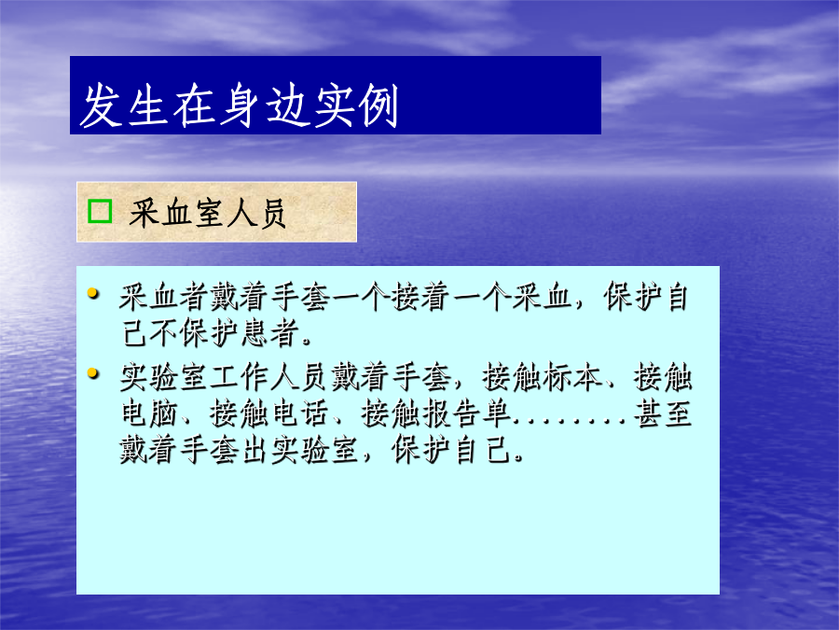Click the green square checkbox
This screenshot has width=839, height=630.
tap(100, 211)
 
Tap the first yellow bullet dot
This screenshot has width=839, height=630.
tap(93, 293)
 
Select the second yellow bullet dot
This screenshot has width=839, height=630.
tap(93, 372)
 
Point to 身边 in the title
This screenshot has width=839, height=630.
tap(266, 105)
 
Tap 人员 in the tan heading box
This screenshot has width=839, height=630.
tap(254, 213)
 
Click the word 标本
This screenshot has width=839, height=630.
tap(572, 378)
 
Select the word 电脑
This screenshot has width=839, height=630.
tap(149, 414)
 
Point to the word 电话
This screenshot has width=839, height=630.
tap(301, 414)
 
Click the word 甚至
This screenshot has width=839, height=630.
tap(664, 414)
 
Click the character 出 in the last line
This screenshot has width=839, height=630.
tap(255, 450)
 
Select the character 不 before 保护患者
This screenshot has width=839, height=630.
tap(164, 333)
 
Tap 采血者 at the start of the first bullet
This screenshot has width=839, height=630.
tap(164, 298)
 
